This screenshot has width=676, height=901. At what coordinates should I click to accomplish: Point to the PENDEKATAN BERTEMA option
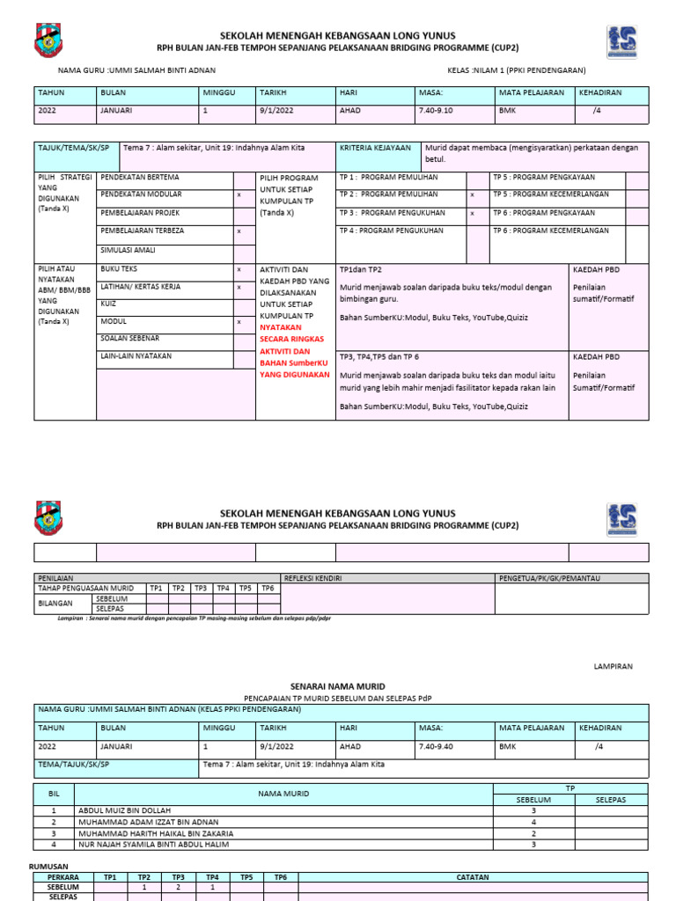point(140,177)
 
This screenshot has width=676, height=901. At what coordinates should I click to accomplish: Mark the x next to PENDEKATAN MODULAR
point(239,194)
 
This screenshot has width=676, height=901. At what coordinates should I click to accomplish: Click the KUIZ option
point(109,304)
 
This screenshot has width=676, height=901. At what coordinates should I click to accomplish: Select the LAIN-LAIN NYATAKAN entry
point(136,356)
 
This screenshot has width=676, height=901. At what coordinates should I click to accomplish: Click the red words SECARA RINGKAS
point(291,339)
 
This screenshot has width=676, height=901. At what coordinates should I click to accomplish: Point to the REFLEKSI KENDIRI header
point(312,578)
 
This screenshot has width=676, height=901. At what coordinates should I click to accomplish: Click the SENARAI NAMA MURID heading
point(337,685)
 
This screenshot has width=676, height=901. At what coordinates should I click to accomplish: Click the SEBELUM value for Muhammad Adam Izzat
point(533,821)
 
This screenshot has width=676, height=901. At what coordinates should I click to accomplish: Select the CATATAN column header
point(472,877)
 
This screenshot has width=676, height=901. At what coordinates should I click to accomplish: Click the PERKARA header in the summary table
point(63,877)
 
